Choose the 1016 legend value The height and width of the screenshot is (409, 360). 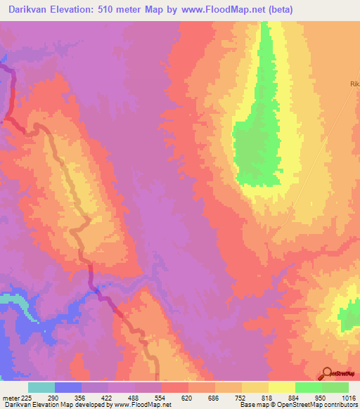click(349, 397)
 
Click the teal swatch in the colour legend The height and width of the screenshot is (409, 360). click(41, 387)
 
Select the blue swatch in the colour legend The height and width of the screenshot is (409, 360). click(68, 387)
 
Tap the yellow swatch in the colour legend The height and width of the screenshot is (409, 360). click(282, 387)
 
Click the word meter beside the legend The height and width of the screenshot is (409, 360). click(9, 397)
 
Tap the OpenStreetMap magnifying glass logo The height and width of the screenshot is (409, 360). click(327, 375)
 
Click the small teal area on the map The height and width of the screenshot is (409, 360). click(10, 299)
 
